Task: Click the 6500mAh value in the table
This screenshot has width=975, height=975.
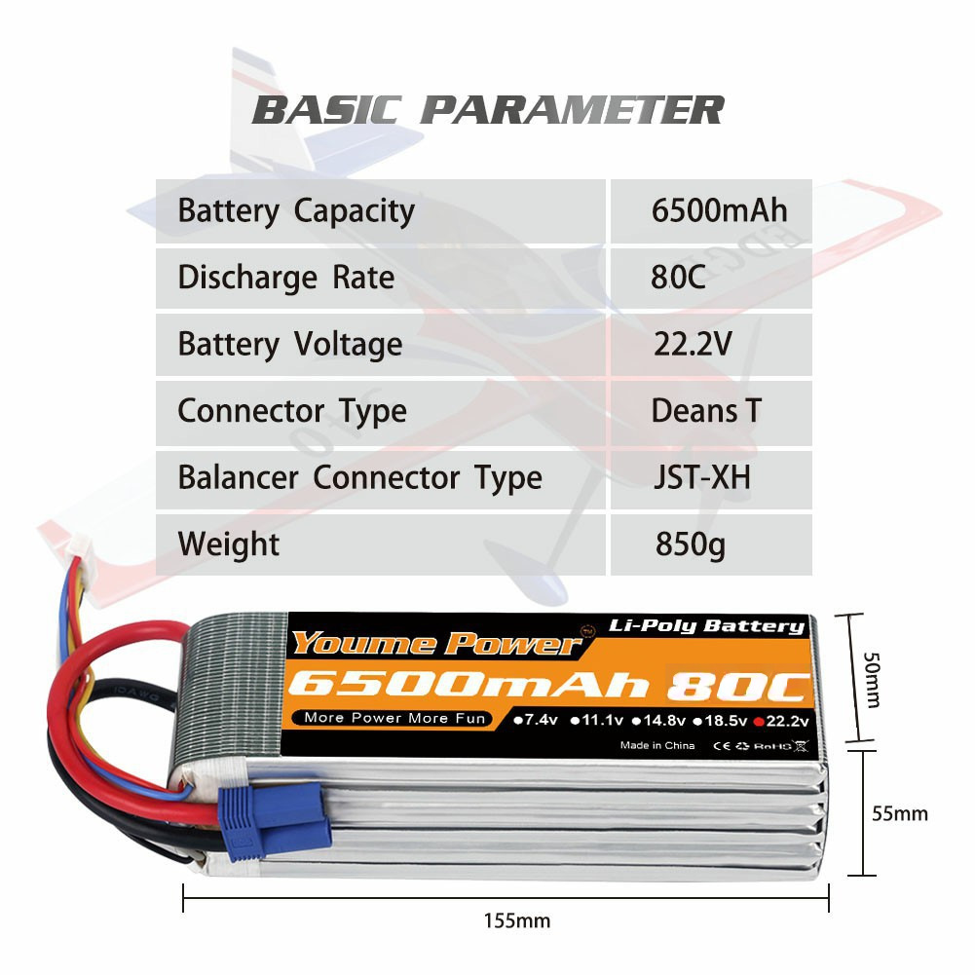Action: [719, 210]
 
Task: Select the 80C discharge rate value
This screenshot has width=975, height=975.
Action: [678, 278]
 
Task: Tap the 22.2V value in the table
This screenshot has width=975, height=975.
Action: [693, 344]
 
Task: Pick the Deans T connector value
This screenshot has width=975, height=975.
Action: [706, 410]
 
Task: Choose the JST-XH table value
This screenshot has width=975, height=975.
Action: [702, 477]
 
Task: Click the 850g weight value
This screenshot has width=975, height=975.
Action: [691, 544]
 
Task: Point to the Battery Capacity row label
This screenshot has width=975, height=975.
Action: [296, 211]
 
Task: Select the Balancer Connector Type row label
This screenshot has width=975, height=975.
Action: [359, 478]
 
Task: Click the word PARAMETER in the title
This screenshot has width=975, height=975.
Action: [572, 110]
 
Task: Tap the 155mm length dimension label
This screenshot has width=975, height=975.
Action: [517, 920]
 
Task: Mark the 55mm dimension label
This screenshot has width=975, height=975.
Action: [899, 813]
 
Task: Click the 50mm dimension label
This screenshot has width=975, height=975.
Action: [872, 680]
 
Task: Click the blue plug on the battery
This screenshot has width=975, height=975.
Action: [273, 821]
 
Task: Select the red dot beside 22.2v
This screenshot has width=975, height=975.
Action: [758, 722]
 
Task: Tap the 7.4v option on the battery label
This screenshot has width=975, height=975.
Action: [536, 720]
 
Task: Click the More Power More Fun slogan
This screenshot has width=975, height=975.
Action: [394, 718]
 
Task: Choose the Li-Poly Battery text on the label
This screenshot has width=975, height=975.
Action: [706, 625]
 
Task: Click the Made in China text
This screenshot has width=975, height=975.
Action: [657, 745]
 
